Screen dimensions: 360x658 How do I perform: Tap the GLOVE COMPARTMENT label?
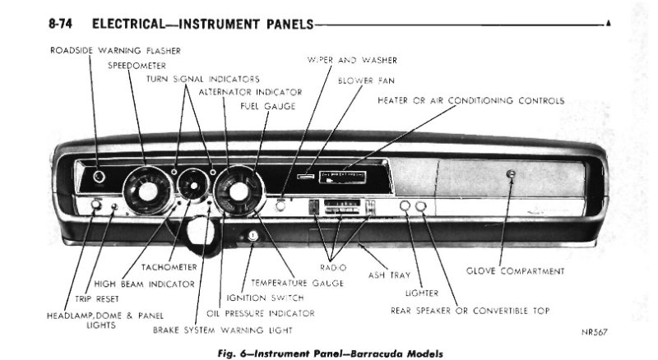pyautogui.click(x=515, y=270)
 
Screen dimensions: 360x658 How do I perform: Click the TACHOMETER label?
pyautogui.click(x=169, y=266)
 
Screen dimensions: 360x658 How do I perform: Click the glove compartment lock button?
pyautogui.click(x=511, y=173)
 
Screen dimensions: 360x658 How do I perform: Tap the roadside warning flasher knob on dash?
pyautogui.click(x=99, y=176)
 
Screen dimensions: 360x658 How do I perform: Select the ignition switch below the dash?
pyautogui.click(x=252, y=238)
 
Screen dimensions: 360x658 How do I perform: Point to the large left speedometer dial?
pyautogui.click(x=147, y=192)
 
